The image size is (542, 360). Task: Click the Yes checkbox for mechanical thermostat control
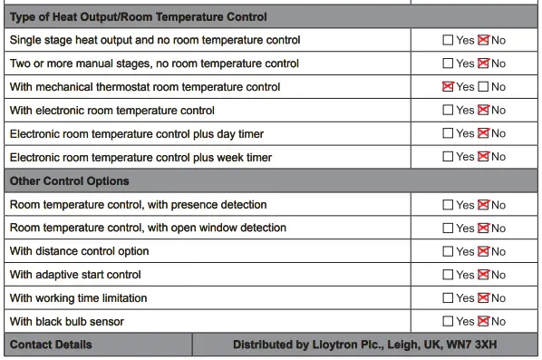pyautogui.click(x=448, y=87)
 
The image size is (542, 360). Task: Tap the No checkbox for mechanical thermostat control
pyautogui.click(x=483, y=87)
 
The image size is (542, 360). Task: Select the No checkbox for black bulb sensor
pyautogui.click(x=483, y=321)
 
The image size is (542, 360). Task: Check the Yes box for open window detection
pyautogui.click(x=448, y=228)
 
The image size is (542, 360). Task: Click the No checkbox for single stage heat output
pyautogui.click(x=483, y=40)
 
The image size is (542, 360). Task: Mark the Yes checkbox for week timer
pyautogui.click(x=448, y=157)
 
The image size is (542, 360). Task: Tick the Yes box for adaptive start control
pyautogui.click(x=448, y=275)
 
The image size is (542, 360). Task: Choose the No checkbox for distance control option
pyautogui.click(x=483, y=251)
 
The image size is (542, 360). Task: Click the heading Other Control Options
pyautogui.click(x=69, y=181)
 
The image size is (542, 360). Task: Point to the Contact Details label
pyautogui.click(x=51, y=345)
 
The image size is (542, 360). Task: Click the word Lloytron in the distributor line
pyautogui.click(x=343, y=345)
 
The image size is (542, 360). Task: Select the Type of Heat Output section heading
pyautogui.click(x=138, y=17)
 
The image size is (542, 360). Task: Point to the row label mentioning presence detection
pyautogui.click(x=138, y=205)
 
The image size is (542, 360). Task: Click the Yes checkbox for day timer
pyautogui.click(x=448, y=133)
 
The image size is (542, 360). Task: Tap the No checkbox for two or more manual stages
pyautogui.click(x=483, y=63)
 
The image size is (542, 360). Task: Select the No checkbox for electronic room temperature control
pyautogui.click(x=483, y=111)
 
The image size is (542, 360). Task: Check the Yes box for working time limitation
pyautogui.click(x=448, y=297)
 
